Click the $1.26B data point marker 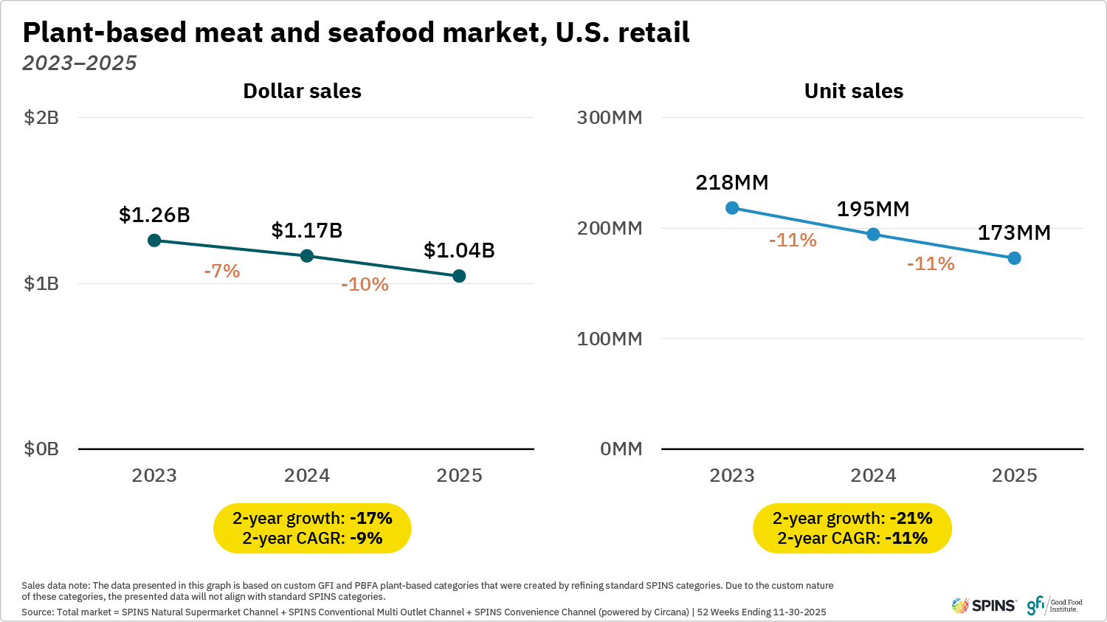pyautogui.click(x=154, y=241)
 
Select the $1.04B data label pyautogui.click(x=459, y=251)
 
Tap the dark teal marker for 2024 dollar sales pyautogui.click(x=307, y=256)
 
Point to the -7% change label pyautogui.click(x=222, y=272)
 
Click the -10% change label pyautogui.click(x=365, y=285)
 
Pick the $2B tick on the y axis pyautogui.click(x=41, y=118)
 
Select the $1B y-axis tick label pyautogui.click(x=41, y=283)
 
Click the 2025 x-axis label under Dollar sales pyautogui.click(x=459, y=476)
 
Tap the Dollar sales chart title pyautogui.click(x=302, y=91)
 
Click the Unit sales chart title pyautogui.click(x=853, y=91)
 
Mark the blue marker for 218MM pyautogui.click(x=732, y=208)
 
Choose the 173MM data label pyautogui.click(x=1014, y=233)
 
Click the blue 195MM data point pyautogui.click(x=873, y=235)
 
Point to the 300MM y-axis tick pyautogui.click(x=610, y=118)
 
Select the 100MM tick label pyautogui.click(x=610, y=339)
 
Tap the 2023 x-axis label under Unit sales pyautogui.click(x=732, y=476)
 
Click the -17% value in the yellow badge pyautogui.click(x=371, y=519)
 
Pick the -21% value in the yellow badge pyautogui.click(x=911, y=519)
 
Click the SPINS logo pyautogui.click(x=984, y=606)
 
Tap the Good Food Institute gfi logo pyautogui.click(x=1054, y=606)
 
